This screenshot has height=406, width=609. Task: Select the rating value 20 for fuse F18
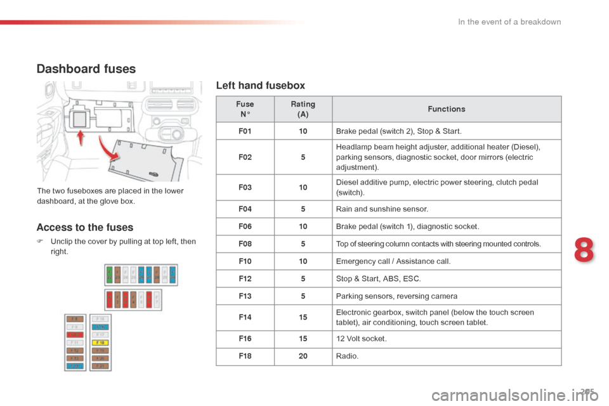click(x=303, y=357)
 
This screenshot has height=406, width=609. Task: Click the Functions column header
click(x=446, y=109)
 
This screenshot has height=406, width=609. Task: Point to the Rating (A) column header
click(x=303, y=109)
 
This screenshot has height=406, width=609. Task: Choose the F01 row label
click(x=245, y=131)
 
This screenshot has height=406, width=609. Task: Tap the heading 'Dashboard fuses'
click(x=86, y=69)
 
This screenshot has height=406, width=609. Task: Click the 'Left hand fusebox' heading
click(x=260, y=85)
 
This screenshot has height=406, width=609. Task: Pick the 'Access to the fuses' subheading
click(x=85, y=227)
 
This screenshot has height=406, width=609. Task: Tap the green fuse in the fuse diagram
click(x=110, y=275)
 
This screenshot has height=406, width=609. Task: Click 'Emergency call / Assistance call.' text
click(x=393, y=261)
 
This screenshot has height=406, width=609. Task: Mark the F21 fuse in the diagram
click(x=101, y=365)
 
